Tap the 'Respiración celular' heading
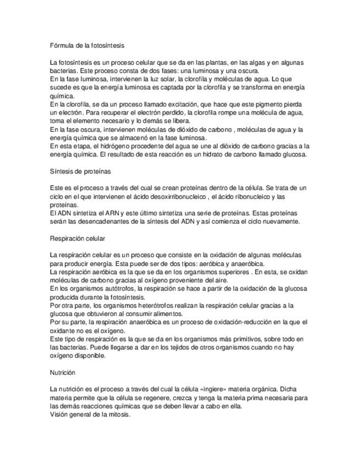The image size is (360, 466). click(x=77, y=238)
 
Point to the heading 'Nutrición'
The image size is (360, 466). click(x=62, y=373)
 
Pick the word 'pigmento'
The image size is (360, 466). click(x=257, y=104)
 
